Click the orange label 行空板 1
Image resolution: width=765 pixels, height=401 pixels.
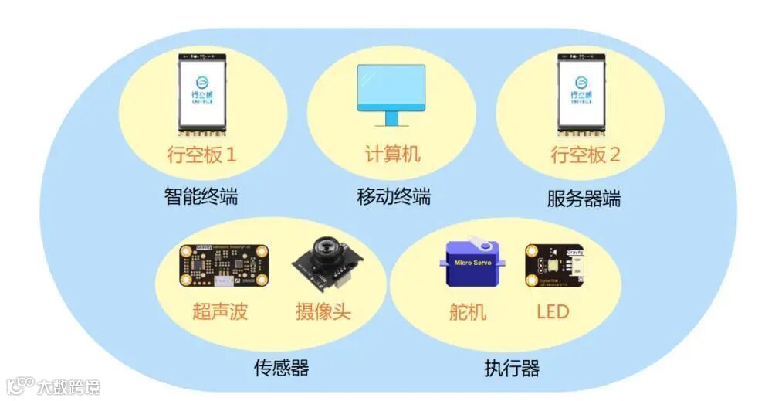tap(201, 155)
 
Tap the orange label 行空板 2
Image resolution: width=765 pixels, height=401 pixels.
tap(584, 155)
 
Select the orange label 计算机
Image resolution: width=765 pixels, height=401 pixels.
tap(392, 154)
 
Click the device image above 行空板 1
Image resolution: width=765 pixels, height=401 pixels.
tap(202, 92)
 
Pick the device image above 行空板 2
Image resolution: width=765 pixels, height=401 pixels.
tap(584, 92)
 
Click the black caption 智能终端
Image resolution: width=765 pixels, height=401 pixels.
tap(201, 196)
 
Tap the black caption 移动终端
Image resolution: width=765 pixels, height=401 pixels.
tap(393, 196)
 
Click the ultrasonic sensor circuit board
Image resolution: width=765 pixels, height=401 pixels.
tap(224, 266)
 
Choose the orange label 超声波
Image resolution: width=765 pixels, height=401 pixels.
tap(220, 311)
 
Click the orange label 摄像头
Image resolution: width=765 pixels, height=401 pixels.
tap(323, 311)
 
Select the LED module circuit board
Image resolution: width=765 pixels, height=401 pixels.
tap(554, 266)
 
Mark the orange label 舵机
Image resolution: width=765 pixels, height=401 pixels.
tap(468, 311)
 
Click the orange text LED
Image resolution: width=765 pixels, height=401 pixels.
tap(552, 311)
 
